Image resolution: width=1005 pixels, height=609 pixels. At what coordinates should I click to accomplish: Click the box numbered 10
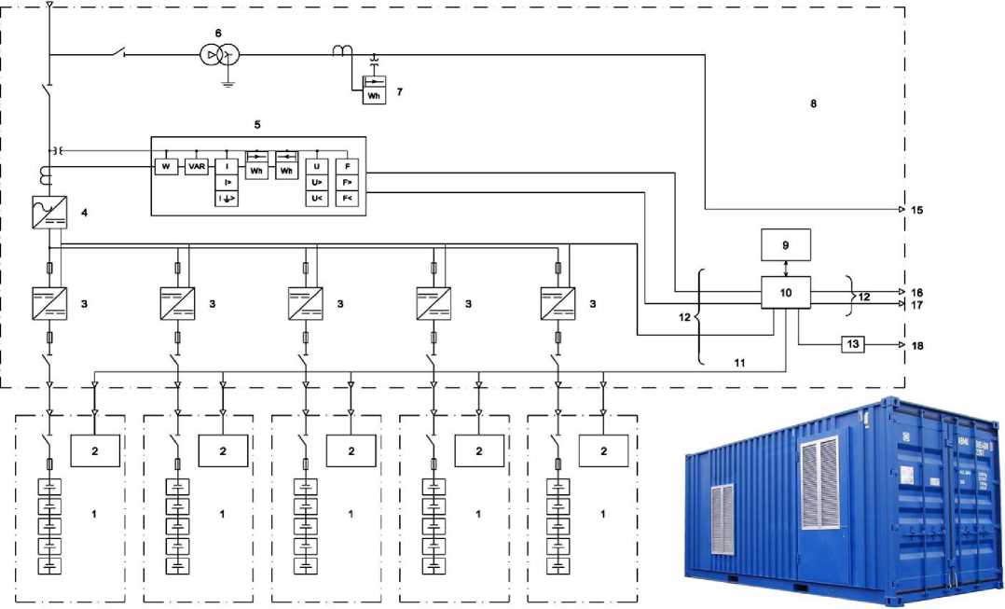pyautogui.click(x=785, y=293)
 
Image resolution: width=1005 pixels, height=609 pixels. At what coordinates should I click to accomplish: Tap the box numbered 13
pyautogui.click(x=854, y=344)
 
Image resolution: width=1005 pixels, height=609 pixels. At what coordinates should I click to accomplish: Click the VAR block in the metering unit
pyautogui.click(x=197, y=166)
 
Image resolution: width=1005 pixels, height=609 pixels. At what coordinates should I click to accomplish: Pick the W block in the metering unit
pyautogui.click(x=166, y=166)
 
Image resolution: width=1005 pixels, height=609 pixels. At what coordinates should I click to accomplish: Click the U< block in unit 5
pyautogui.click(x=317, y=197)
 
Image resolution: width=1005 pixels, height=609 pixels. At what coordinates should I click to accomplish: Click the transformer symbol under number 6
pyautogui.click(x=218, y=56)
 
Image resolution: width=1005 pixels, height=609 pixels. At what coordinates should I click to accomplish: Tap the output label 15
pyautogui.click(x=917, y=209)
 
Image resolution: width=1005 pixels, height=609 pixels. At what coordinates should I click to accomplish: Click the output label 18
pyautogui.click(x=917, y=345)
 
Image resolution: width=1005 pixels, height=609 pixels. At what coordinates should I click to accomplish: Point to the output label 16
pyautogui.click(x=917, y=292)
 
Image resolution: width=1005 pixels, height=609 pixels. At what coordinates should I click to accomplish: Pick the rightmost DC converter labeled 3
pyautogui.click(x=558, y=304)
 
